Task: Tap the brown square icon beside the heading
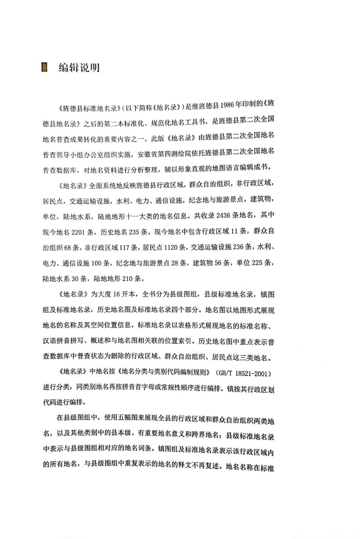click(45, 68)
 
